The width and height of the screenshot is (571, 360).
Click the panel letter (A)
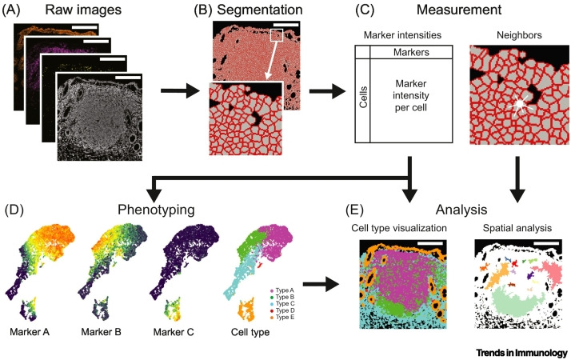coord(17,11)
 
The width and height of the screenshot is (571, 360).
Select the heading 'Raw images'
coord(83,11)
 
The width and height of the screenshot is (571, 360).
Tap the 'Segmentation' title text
coord(250,11)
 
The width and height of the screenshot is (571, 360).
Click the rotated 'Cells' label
coord(362,100)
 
